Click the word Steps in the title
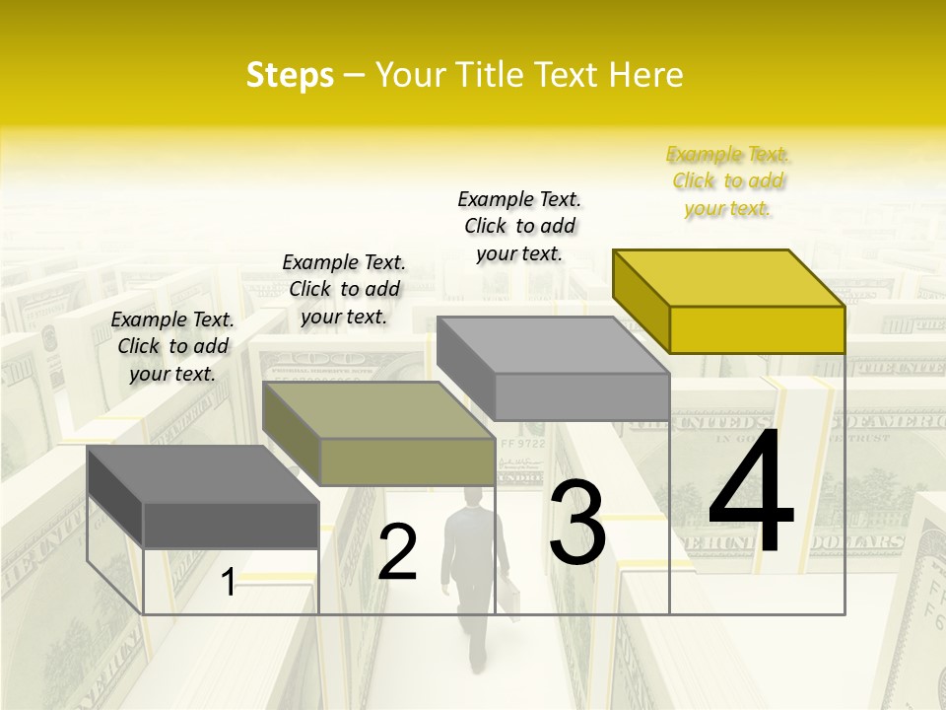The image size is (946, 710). click(290, 75)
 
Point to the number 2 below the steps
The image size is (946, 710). click(397, 552)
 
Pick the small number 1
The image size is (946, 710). click(229, 583)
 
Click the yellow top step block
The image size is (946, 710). click(729, 302)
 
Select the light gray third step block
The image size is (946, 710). click(554, 369)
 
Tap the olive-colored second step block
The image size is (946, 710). click(379, 434)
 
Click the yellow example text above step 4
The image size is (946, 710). click(728, 181)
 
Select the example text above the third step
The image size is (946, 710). click(519, 226)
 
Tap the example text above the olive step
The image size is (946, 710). click(344, 289)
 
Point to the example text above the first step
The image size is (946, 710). click(172, 346)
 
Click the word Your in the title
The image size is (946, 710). click(411, 75)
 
